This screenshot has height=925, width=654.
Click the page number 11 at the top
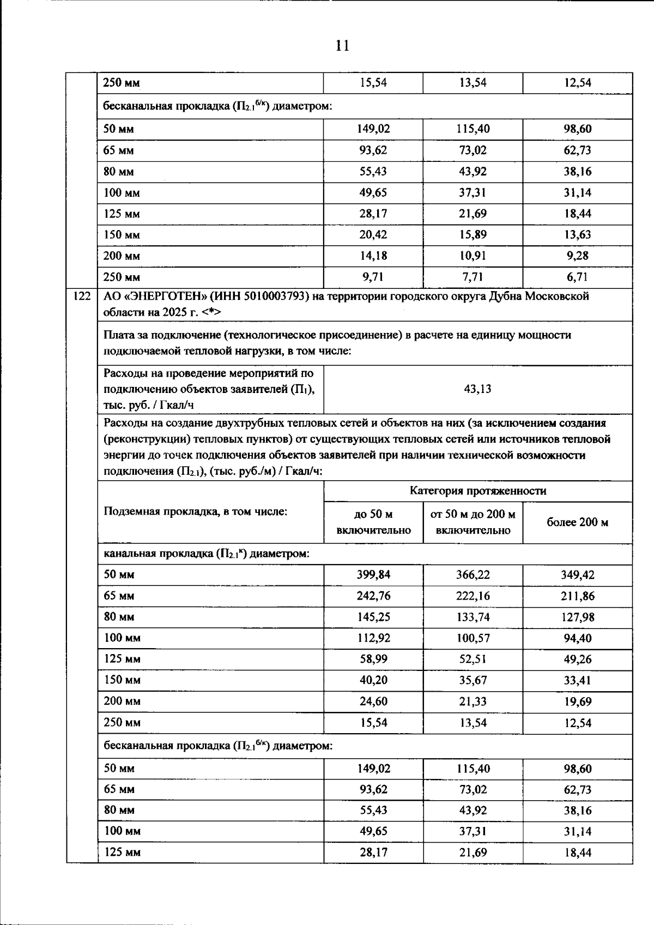click(x=342, y=45)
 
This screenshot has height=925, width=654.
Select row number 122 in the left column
click(x=81, y=297)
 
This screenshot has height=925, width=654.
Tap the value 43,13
click(x=477, y=389)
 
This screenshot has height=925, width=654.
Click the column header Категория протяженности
click(x=477, y=491)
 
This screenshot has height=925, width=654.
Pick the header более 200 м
click(x=577, y=523)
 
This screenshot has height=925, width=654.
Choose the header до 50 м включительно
click(x=373, y=523)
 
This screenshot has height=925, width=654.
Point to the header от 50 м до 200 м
click(x=473, y=515)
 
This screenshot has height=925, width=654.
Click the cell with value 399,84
click(x=373, y=575)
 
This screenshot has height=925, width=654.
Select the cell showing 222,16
click(x=473, y=596)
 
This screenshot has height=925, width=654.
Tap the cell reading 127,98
click(x=577, y=618)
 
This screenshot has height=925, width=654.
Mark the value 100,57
click(x=473, y=638)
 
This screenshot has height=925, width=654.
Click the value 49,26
click(x=577, y=660)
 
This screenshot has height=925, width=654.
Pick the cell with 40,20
click(x=373, y=681)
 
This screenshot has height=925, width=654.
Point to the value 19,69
click(x=577, y=702)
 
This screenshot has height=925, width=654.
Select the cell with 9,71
click(x=373, y=277)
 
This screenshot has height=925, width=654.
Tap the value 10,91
click(x=473, y=256)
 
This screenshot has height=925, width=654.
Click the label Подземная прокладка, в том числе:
click(x=195, y=512)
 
